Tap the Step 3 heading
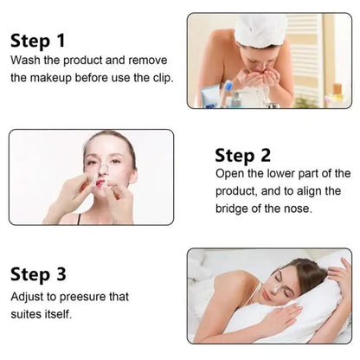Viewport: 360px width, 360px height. coord(38,274)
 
